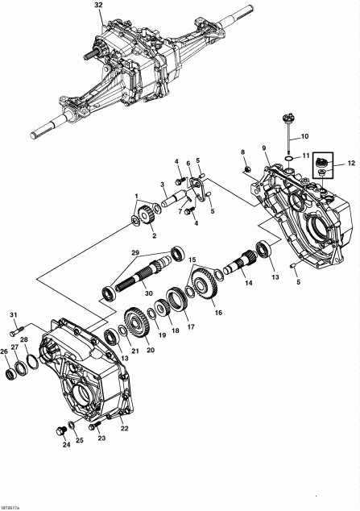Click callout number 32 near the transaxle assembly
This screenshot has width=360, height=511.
coord(98,5)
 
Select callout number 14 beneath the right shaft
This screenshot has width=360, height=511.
coord(249,284)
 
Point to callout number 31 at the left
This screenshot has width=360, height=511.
coord(13,314)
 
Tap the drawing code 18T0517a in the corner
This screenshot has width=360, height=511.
coord(10,506)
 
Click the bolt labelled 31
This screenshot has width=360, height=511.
coord(15,332)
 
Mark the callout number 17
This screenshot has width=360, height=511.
coord(190,327)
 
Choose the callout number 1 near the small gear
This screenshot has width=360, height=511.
coord(137,196)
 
